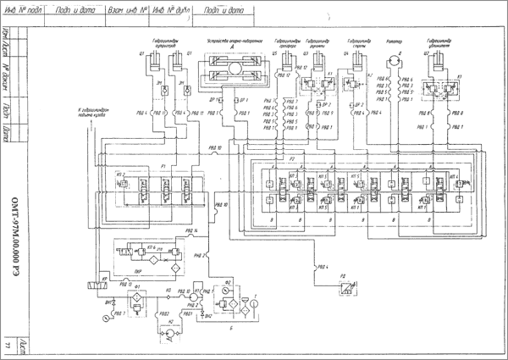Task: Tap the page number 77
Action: (8, 348)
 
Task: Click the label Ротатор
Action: (392, 41)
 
